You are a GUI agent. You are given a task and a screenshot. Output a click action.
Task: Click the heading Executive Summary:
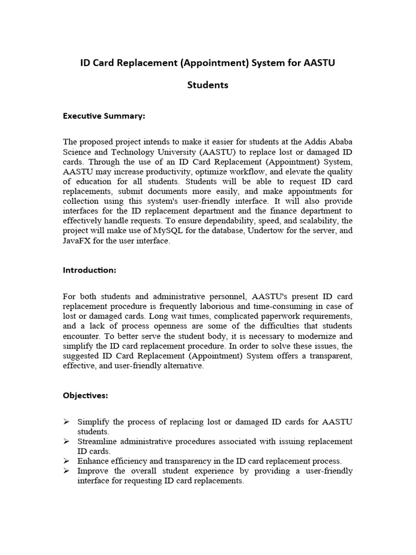[x=104, y=115]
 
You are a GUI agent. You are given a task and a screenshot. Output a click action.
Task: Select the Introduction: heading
[x=89, y=269]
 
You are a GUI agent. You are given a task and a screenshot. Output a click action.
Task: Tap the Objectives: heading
[x=86, y=395]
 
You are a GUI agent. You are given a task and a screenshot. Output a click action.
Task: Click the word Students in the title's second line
[x=207, y=85]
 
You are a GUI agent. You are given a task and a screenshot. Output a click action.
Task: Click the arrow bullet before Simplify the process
[x=66, y=422]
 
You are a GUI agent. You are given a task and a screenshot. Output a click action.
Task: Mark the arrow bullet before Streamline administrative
[x=66, y=442]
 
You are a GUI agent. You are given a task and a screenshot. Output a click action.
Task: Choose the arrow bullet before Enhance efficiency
[x=66, y=461]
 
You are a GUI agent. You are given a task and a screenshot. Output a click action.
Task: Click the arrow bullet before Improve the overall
[x=66, y=471]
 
